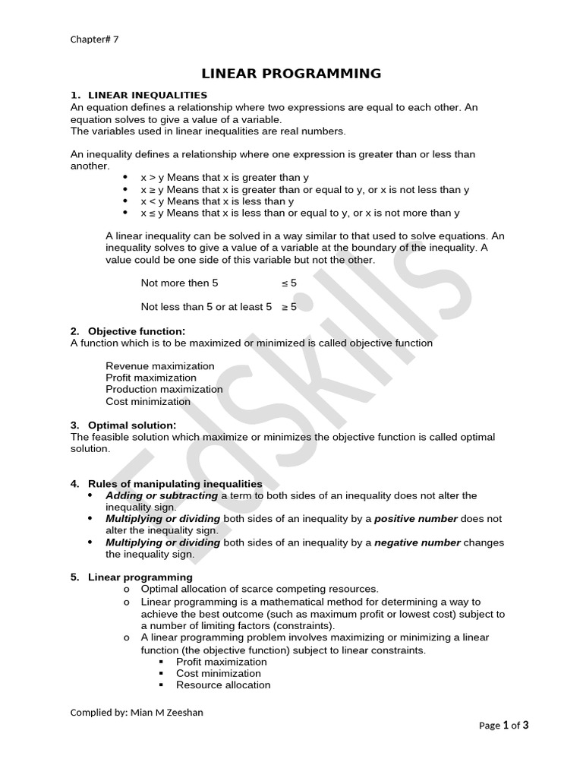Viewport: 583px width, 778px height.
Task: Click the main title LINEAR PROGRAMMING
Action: (291, 74)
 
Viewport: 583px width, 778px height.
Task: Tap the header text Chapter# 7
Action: (94, 40)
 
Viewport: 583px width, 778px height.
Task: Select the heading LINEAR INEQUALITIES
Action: (147, 95)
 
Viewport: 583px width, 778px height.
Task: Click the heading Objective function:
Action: (136, 331)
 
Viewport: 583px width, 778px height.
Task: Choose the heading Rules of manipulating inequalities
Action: (175, 484)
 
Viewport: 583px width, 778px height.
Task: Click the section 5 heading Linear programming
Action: (140, 577)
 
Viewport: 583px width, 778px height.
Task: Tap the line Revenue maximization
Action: (160, 366)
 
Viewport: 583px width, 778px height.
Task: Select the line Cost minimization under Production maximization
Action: (148, 401)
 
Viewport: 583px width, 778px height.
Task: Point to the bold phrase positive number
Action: (416, 519)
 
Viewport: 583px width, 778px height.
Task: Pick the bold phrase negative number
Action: (418, 542)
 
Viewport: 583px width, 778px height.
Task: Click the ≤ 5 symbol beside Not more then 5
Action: (289, 283)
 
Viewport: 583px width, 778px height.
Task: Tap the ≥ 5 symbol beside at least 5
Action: (289, 307)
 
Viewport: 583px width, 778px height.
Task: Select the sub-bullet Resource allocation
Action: (223, 685)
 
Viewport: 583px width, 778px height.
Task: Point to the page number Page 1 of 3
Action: (504, 725)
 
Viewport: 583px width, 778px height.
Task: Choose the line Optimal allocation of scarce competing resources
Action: (260, 589)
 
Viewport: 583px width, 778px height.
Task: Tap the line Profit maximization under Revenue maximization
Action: (151, 378)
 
